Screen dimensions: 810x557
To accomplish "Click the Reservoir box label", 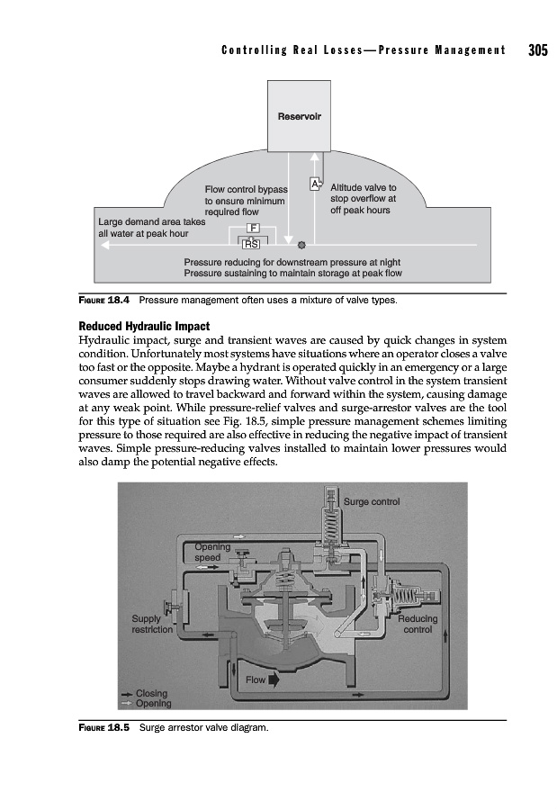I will (300, 116).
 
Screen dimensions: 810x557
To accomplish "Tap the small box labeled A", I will (314, 184).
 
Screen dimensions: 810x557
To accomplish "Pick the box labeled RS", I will (252, 244).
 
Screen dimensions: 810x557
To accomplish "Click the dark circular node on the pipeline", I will (302, 244).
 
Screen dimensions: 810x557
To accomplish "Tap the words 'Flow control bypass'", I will (246, 190).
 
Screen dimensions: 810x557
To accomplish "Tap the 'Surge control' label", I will (373, 501).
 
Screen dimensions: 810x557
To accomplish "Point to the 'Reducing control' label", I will (418, 625).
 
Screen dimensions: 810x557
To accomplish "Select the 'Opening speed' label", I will (212, 552).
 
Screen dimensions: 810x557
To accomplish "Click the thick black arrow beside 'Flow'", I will (274, 680).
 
